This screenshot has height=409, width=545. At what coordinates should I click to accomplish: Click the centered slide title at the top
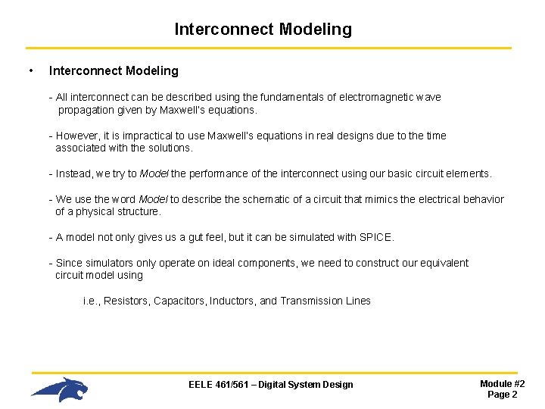(263, 30)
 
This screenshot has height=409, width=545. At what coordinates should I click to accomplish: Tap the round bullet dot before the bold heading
(30, 71)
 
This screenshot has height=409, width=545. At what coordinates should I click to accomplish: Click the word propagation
(86, 110)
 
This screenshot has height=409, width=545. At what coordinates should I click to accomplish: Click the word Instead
(74, 174)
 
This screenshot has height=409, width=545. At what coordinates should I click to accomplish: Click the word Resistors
(126, 301)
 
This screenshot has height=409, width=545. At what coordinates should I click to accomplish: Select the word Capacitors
(179, 301)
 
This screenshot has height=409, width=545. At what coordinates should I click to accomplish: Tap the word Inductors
(232, 301)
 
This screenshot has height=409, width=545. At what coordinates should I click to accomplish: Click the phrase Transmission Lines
(325, 301)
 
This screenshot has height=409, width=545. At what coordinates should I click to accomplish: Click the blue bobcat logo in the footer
(61, 389)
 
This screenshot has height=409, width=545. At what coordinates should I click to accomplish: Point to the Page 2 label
(502, 395)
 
